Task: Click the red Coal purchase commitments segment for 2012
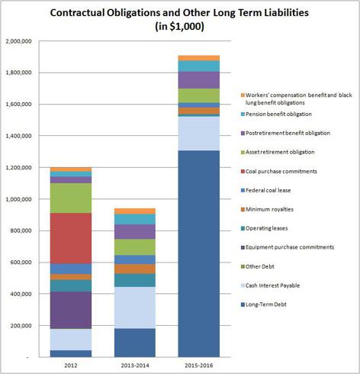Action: [71, 238]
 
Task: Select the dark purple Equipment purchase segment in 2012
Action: [71, 310]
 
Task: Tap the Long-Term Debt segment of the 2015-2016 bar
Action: [199, 253]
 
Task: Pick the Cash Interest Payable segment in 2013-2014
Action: [135, 308]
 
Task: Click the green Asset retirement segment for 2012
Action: [71, 198]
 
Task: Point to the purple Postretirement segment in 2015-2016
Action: [199, 80]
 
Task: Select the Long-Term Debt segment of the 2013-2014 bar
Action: [135, 343]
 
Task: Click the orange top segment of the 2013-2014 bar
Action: [135, 211]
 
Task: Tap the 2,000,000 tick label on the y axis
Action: [18, 41]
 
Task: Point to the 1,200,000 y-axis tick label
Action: [18, 168]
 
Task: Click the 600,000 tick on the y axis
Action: [21, 263]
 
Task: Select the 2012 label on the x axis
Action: [71, 366]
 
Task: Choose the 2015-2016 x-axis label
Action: [199, 366]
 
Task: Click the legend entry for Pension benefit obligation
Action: [276, 114]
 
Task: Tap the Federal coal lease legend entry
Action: [265, 190]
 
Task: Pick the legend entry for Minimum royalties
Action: [267, 209]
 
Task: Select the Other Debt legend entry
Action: [258, 266]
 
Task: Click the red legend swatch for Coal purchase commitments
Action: [243, 172]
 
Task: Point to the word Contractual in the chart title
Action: [77, 13]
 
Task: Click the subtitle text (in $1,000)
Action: [179, 27]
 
